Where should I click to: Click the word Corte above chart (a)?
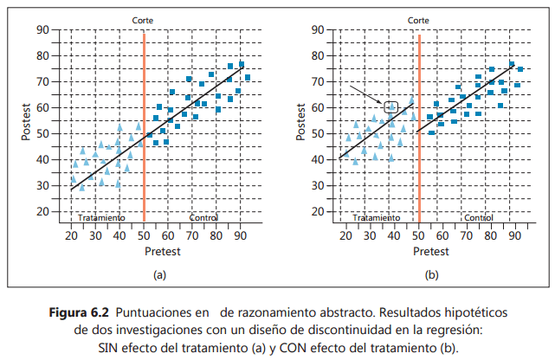144,19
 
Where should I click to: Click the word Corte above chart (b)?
418,19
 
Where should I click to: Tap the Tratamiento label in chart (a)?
101,218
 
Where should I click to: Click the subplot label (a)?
158,274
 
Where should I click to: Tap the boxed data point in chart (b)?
391,107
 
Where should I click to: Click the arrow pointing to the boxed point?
367,94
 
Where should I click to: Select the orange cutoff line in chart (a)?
143,130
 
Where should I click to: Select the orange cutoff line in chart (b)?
418,130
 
